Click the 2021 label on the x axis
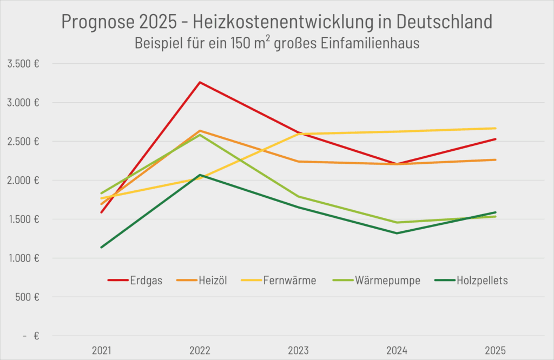(x=101, y=351)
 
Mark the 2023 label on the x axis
(x=298, y=351)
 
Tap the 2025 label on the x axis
(x=495, y=351)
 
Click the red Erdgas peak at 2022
(x=200, y=82)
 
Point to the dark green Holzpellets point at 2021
(x=101, y=248)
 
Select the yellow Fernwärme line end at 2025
(x=495, y=128)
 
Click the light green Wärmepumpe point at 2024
(x=397, y=222)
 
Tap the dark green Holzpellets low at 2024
(x=397, y=233)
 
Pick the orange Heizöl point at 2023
(x=298, y=161)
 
